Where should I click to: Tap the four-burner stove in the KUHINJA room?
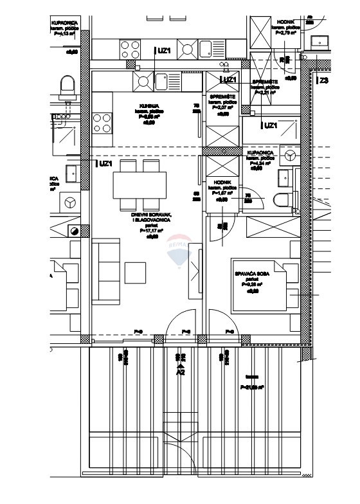pyautogui.click(x=102, y=122)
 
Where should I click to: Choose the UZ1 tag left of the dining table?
pyautogui.click(x=106, y=164)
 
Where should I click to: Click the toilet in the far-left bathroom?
pyautogui.click(x=67, y=85)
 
